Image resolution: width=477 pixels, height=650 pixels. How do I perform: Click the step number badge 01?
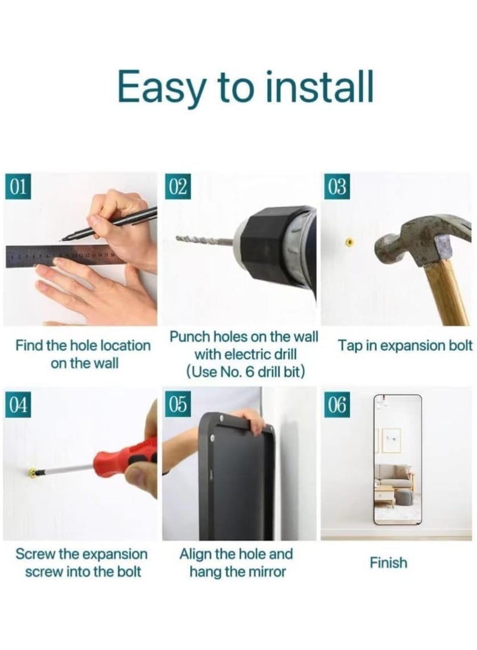click(18, 187)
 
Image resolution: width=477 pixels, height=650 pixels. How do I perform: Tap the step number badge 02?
click(178, 187)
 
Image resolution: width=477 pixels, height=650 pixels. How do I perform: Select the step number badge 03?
click(337, 187)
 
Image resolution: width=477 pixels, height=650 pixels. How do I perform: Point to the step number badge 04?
click(18, 404)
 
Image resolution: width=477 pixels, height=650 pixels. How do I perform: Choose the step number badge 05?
click(178, 404)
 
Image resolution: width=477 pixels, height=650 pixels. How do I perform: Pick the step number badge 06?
click(337, 404)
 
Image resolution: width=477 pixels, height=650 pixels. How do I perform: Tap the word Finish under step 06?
click(388, 562)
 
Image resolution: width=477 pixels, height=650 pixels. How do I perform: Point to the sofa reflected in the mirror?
click(394, 476)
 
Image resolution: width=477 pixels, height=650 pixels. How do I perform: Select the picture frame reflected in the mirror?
click(391, 440)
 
